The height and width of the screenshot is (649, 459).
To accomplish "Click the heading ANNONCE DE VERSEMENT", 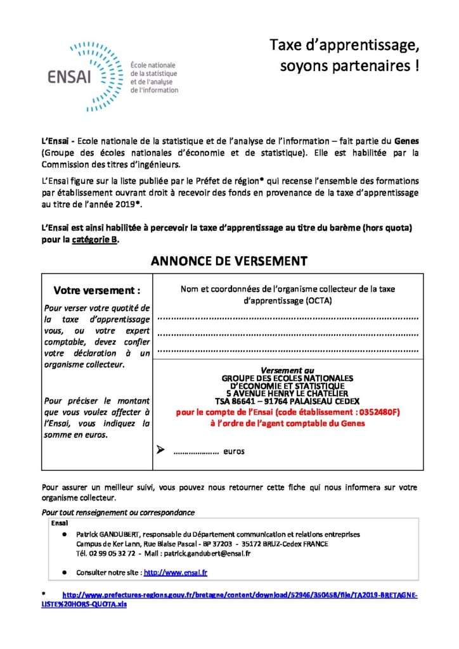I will [x=229, y=260].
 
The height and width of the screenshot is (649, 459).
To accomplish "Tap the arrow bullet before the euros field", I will [x=160, y=451].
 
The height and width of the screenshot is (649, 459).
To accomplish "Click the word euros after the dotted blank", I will [x=233, y=451].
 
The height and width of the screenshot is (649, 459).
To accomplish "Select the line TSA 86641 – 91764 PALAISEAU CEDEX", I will [x=287, y=401].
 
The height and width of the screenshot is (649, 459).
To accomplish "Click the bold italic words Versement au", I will [x=287, y=370].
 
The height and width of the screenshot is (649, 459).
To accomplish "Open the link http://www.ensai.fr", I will [x=176, y=572].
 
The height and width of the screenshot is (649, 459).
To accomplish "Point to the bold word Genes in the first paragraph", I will [x=406, y=139].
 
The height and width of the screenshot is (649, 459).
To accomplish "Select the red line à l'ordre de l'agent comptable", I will [x=287, y=423].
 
